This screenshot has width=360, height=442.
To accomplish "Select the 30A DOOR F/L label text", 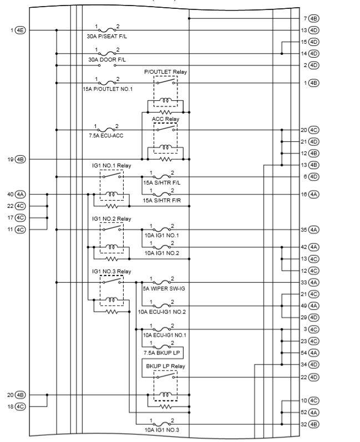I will click(107, 59).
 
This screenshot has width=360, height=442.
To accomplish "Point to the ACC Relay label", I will click(165, 119).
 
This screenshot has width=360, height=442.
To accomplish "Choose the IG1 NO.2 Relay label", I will click(111, 219).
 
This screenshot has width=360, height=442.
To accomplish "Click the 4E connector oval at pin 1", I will click(20, 30).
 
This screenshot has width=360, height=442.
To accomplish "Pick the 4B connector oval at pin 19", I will click(20, 160).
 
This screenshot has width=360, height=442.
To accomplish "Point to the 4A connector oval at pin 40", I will click(20, 195).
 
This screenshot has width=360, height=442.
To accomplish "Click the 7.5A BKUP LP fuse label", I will click(161, 353).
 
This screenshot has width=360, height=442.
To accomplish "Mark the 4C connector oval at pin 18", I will click(20, 407).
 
